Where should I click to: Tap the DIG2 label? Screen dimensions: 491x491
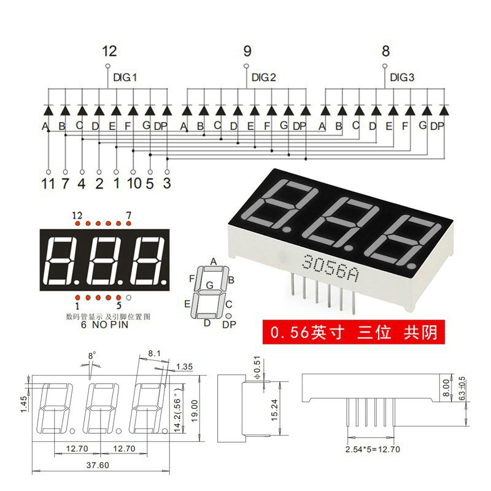point(264,78)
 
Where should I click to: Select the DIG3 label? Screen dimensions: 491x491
point(403,78)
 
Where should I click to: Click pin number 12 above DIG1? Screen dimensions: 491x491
point(109,51)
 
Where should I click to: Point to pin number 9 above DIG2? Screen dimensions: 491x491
point(247,51)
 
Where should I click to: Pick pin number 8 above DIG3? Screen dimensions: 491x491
point(385,51)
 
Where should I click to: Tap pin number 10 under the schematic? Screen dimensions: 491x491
point(133,184)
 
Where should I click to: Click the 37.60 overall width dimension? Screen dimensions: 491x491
point(96,465)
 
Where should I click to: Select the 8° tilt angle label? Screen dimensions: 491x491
point(92,355)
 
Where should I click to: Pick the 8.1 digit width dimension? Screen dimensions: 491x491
point(154,353)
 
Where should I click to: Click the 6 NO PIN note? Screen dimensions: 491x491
point(105,325)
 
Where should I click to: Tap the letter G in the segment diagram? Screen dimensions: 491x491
point(210,285)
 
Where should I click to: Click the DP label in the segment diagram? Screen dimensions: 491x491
point(228,324)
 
